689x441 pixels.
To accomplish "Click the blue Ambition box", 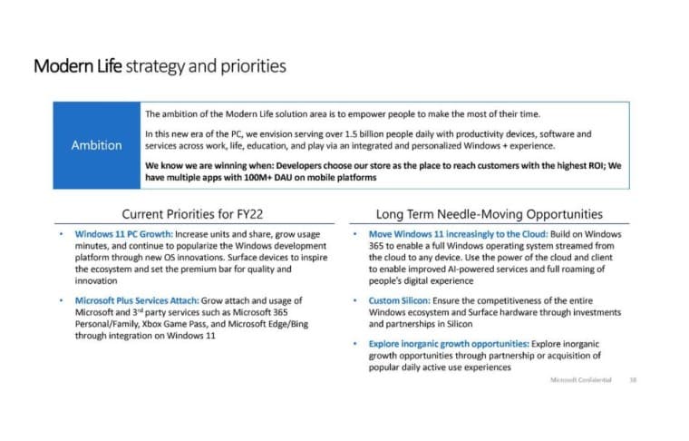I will tap(96, 145).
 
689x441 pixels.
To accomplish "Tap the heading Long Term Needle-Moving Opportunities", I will tap(489, 215).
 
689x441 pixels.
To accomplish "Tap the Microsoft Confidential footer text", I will tap(580, 379).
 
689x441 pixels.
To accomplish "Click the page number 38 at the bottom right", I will tap(633, 379).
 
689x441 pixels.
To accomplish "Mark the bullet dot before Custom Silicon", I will tap(354, 300).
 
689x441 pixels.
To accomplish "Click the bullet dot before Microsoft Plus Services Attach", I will tap(60, 300).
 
